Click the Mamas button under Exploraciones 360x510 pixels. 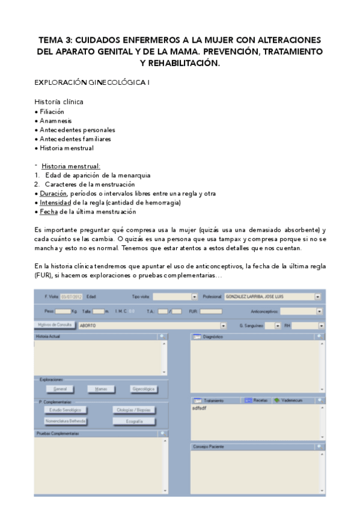pyautogui.click(x=100, y=389)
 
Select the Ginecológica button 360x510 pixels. pyautogui.click(x=143, y=389)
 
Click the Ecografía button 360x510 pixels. pyautogui.click(x=134, y=422)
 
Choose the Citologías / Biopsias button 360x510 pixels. pyautogui.click(x=134, y=410)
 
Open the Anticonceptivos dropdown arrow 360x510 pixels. pyautogui.click(x=319, y=312)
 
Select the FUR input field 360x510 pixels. pyautogui.click(x=211, y=312)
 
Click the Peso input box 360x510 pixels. pyautogui.click(x=63, y=312)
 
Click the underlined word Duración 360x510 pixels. pyautogui.click(x=53, y=193)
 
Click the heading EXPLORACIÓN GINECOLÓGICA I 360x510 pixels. pyautogui.click(x=91, y=82)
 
